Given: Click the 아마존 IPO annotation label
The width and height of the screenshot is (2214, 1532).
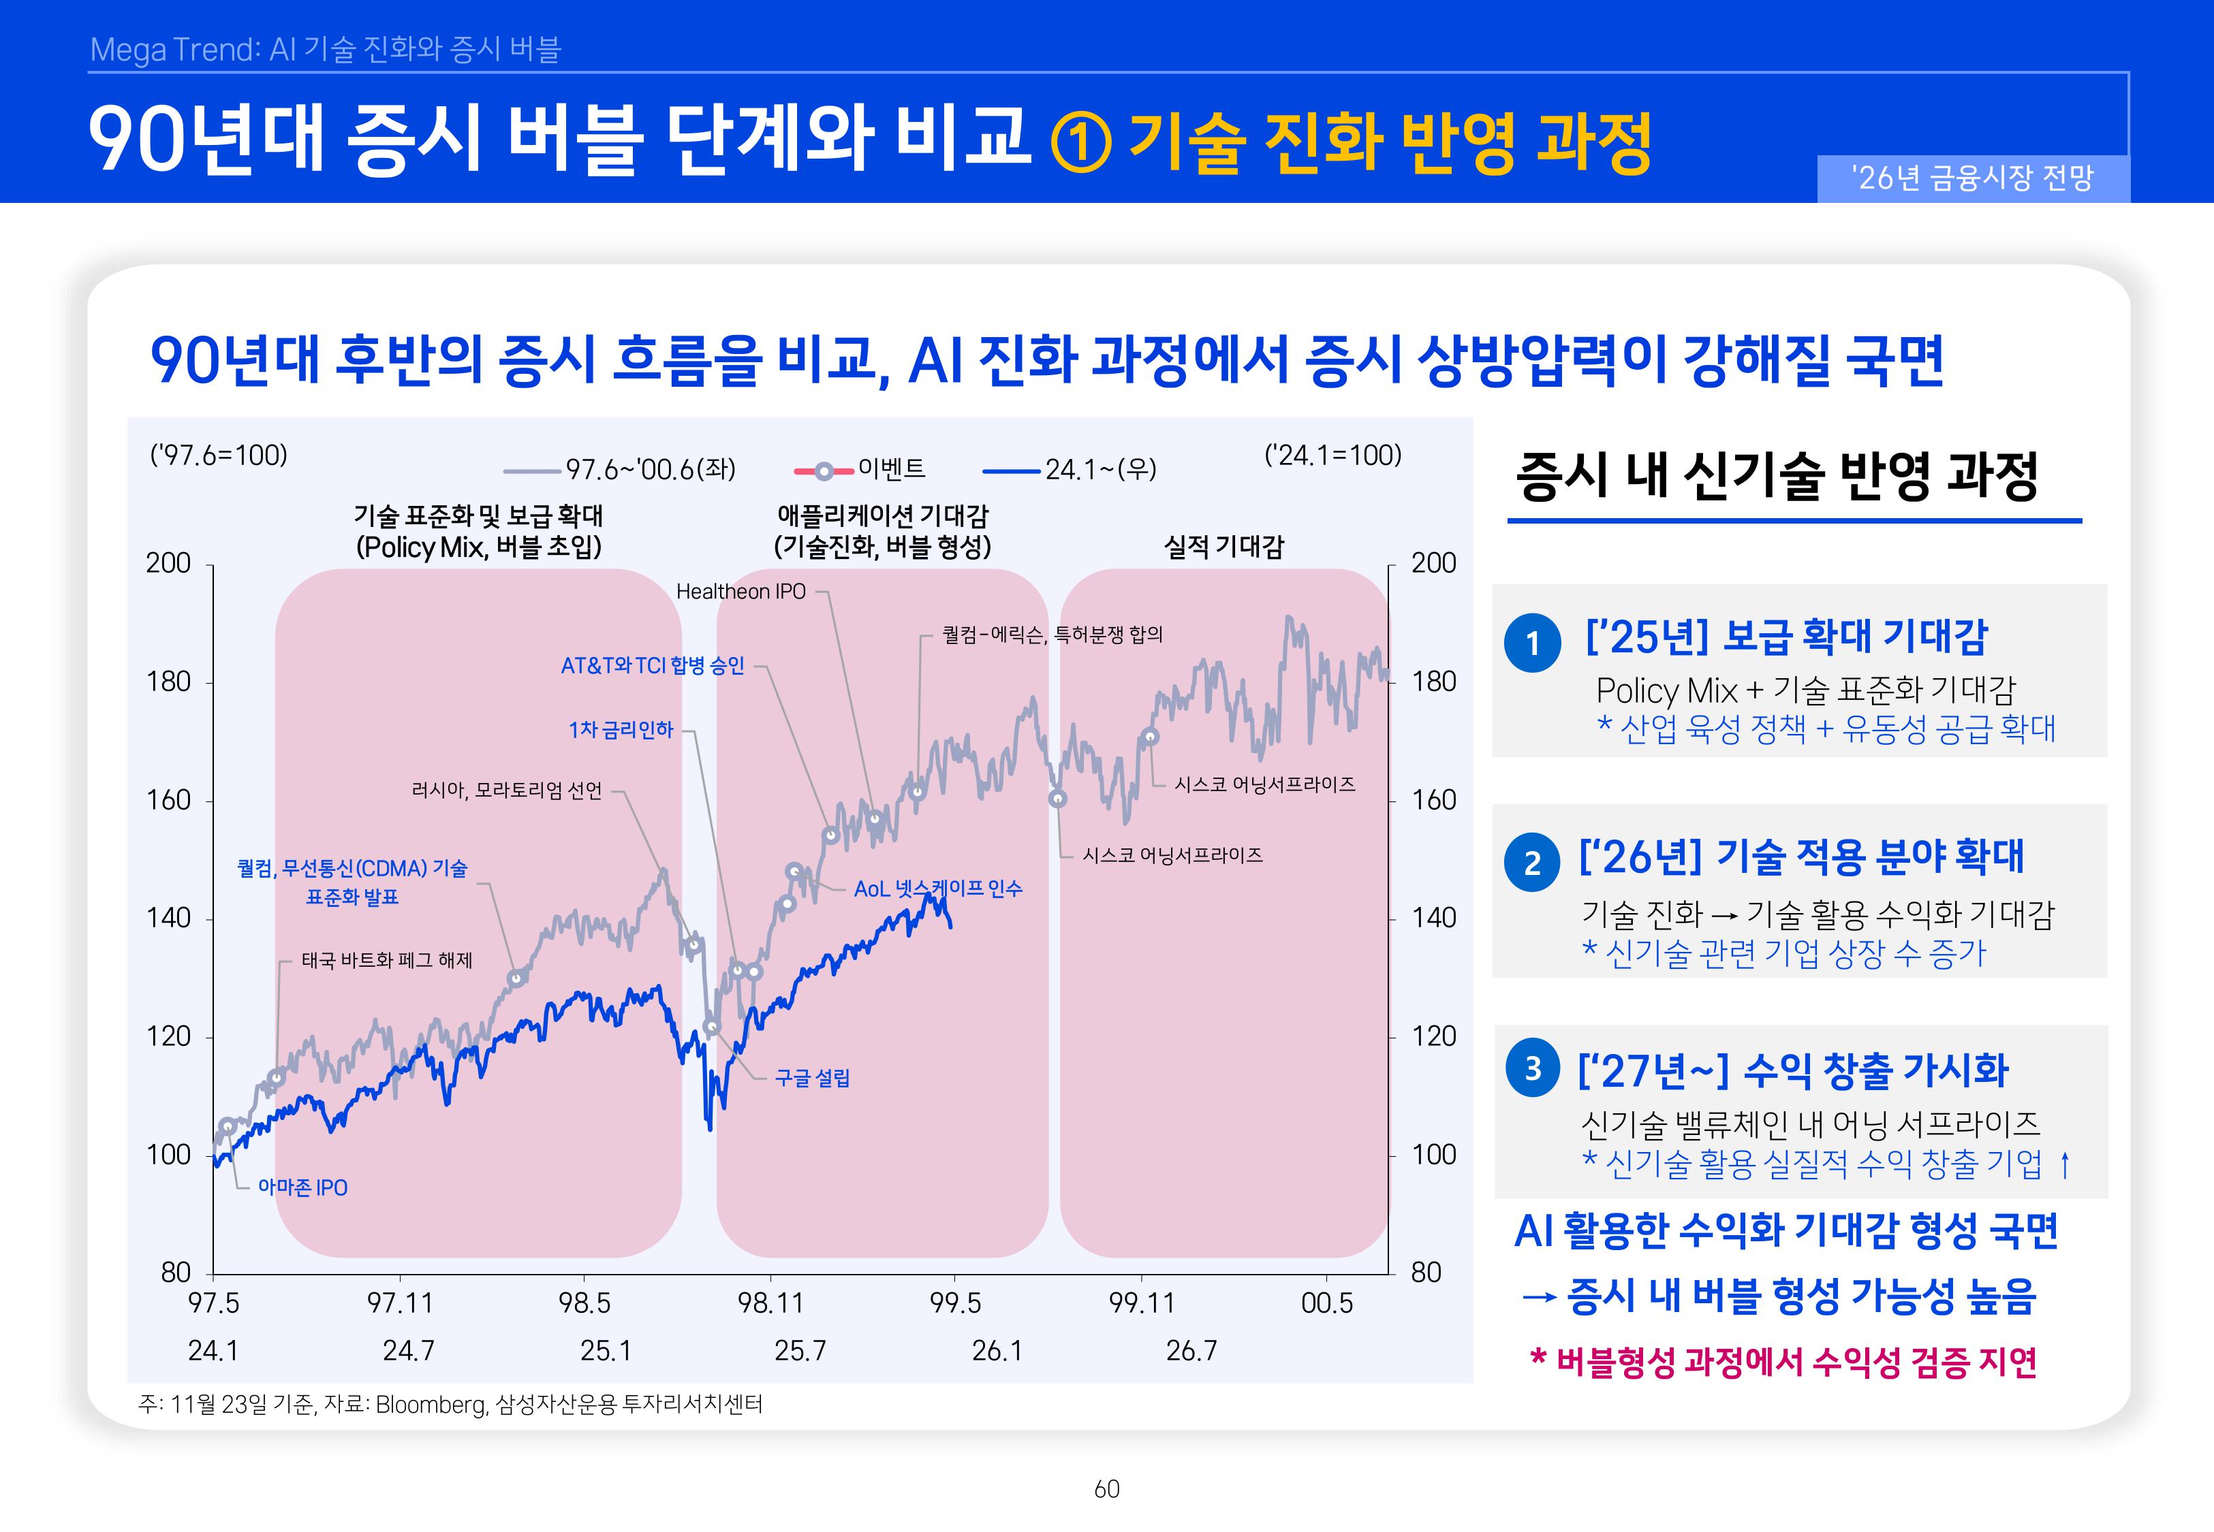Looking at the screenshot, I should pyautogui.click(x=302, y=1187).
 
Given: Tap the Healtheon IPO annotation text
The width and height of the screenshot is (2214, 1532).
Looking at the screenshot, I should pyautogui.click(x=740, y=591).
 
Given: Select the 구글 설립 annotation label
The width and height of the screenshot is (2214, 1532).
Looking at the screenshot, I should pyautogui.click(x=812, y=1078).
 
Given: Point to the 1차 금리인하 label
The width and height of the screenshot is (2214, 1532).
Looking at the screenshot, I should pyautogui.click(x=621, y=729).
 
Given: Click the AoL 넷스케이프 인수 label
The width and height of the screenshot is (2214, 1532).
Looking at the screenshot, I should pyautogui.click(x=938, y=889).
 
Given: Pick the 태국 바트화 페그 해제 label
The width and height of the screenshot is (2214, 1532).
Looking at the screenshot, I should pyautogui.click(x=387, y=960).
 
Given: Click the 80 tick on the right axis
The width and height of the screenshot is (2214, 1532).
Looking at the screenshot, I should pyautogui.click(x=1426, y=1272).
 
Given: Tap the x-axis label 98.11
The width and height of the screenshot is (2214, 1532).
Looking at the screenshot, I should pyautogui.click(x=770, y=1303).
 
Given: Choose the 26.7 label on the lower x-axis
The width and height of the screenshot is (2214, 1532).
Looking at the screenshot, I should pyautogui.click(x=1191, y=1351).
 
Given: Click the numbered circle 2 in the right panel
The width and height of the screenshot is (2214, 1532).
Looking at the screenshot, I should pyautogui.click(x=1532, y=862).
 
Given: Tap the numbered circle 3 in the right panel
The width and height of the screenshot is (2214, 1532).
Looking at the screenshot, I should pyautogui.click(x=1532, y=1068).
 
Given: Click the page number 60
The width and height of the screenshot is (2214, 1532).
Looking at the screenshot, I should pyautogui.click(x=1107, y=1489).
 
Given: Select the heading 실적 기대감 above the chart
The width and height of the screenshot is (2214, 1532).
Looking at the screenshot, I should pyautogui.click(x=1223, y=546).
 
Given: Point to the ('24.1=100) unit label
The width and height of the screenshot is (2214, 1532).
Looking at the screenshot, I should pyautogui.click(x=1332, y=454).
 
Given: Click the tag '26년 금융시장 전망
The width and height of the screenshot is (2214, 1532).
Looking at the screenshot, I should pyautogui.click(x=1973, y=178).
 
